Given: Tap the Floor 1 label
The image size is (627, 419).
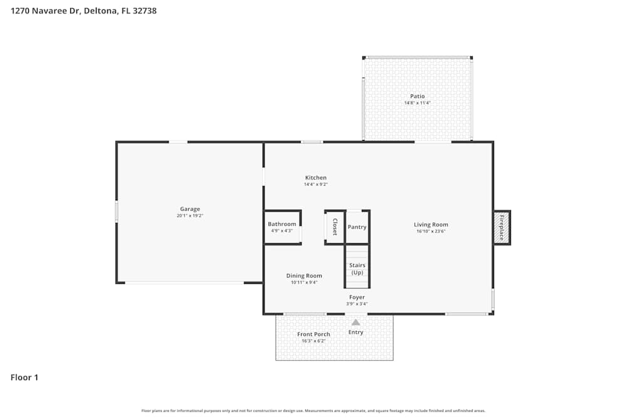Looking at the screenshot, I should tap(24, 378).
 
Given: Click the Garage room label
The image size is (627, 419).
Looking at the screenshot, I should tap(190, 209).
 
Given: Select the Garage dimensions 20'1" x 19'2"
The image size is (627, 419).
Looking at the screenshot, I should tap(190, 216).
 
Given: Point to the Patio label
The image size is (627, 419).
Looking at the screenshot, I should tap(417, 96).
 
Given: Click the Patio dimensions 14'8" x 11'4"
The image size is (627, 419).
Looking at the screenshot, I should tap(417, 103).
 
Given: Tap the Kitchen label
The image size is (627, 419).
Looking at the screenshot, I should tap(315, 178).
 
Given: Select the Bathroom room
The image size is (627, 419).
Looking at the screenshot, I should tap(282, 227).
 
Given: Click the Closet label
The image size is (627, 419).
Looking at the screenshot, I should tap(335, 227).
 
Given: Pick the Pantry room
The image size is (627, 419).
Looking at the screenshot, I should tap(357, 227).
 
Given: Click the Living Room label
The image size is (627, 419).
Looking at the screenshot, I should tap(431, 224).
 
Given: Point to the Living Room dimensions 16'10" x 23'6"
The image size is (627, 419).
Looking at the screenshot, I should tap(431, 231).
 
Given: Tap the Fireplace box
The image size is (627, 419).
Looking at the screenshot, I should tap(502, 227).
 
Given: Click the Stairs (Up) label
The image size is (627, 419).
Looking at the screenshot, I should tap(357, 269).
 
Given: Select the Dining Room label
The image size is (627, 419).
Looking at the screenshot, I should tap(304, 276).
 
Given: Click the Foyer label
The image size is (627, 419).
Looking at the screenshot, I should tap(357, 297).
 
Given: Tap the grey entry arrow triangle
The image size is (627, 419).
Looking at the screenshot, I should tap(356, 322).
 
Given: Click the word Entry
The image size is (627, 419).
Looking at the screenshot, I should tap(356, 332).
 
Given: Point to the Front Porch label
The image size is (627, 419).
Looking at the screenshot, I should tap(313, 334).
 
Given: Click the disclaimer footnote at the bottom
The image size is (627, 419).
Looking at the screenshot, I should tap(313, 411).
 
